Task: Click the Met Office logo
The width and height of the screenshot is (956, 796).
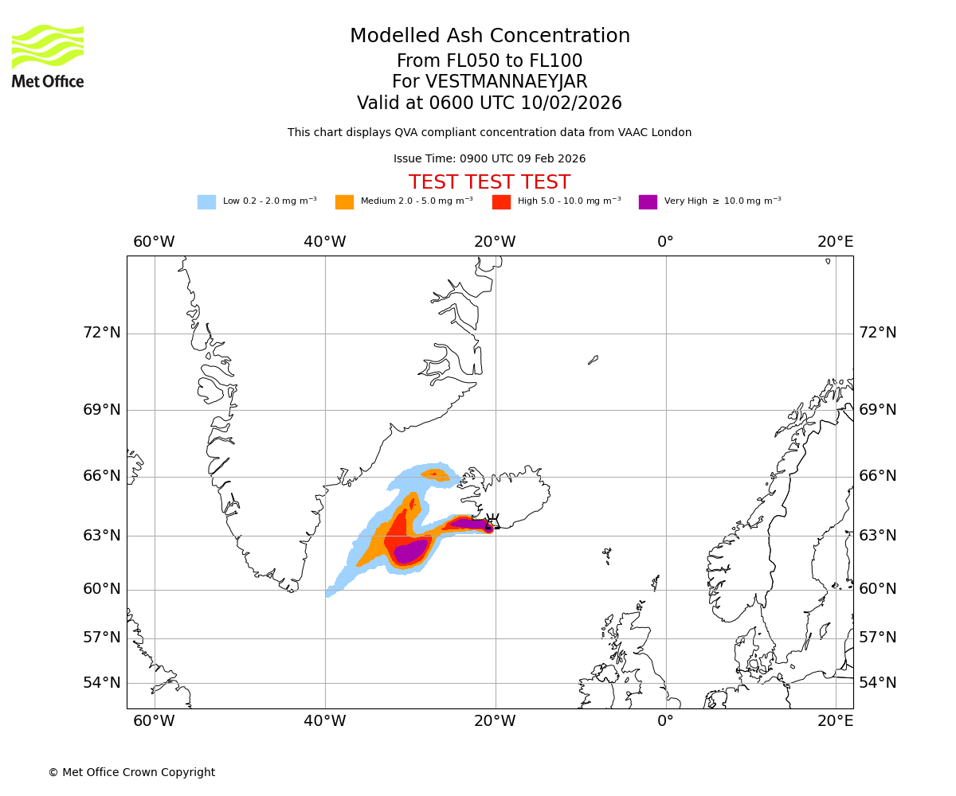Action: click(48, 56)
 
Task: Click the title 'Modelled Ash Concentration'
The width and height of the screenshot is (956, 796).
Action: click(489, 36)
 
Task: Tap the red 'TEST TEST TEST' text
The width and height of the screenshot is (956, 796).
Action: click(489, 182)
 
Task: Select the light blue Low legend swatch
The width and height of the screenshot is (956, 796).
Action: click(206, 201)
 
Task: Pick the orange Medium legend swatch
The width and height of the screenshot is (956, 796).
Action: click(344, 201)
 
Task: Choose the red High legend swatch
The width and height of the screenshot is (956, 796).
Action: click(501, 201)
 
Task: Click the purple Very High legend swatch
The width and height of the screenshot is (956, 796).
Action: click(648, 201)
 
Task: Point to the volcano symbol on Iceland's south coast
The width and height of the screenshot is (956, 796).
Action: click(492, 522)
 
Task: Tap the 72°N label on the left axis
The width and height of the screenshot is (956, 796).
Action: click(102, 332)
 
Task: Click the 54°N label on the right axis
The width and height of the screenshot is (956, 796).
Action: click(877, 682)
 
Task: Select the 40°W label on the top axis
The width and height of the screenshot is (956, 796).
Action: click(325, 241)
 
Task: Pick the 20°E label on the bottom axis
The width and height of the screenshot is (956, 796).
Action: click(835, 720)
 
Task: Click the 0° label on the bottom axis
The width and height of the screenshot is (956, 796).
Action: click(665, 720)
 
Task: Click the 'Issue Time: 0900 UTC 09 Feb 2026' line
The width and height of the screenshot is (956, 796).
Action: click(489, 158)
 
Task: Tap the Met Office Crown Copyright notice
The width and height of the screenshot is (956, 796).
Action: click(131, 772)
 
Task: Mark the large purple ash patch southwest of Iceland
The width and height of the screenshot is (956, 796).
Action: click(410, 551)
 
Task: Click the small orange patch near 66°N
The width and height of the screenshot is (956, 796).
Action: click(435, 475)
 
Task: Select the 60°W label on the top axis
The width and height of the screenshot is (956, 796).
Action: click(154, 241)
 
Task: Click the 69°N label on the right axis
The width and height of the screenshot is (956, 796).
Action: click(877, 409)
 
